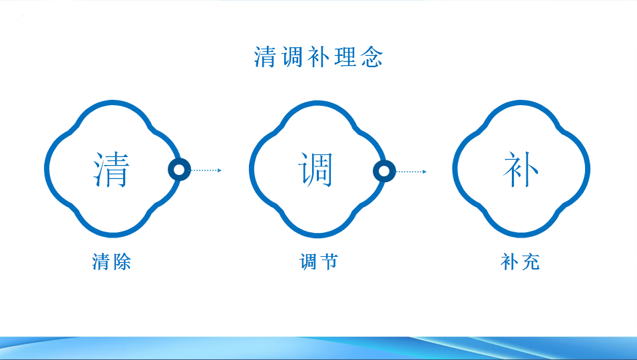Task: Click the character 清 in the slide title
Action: coord(266,57)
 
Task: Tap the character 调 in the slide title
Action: coord(292,57)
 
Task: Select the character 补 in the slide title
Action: coord(318,57)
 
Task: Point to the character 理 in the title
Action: coord(345,57)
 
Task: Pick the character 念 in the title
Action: coord(372,57)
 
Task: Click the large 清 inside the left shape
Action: coord(112,170)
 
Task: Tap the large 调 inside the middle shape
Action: coord(316,170)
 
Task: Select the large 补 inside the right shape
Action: coord(521,170)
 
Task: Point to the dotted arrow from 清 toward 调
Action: coord(206,170)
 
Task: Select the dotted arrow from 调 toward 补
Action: coord(411,172)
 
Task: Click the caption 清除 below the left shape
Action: coord(112,262)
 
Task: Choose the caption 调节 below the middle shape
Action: coord(318,262)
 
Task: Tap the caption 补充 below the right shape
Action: coord(521,262)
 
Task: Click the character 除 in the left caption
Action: coord(122,262)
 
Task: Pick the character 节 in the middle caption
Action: coord(329,262)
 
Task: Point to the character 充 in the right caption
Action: coord(531,262)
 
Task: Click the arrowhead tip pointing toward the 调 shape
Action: coord(222,170)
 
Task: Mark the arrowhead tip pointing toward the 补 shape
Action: coord(426,172)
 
